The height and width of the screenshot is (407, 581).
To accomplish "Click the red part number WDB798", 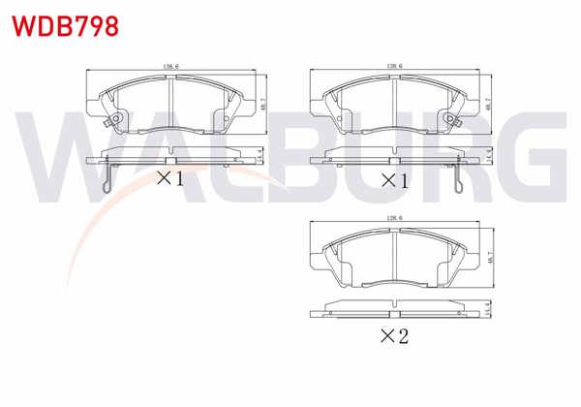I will pyautogui.click(x=64, y=25).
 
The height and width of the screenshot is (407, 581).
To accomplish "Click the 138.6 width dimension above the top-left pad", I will pyautogui.click(x=170, y=66).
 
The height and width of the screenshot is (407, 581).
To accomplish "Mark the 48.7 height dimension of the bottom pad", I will pyautogui.click(x=491, y=254).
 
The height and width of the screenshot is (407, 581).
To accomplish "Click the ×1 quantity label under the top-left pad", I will pyautogui.click(x=170, y=179).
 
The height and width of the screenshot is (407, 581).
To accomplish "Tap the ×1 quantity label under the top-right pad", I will pyautogui.click(x=393, y=180).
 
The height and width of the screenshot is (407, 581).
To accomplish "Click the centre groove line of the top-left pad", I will pyautogui.click(x=170, y=102).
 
